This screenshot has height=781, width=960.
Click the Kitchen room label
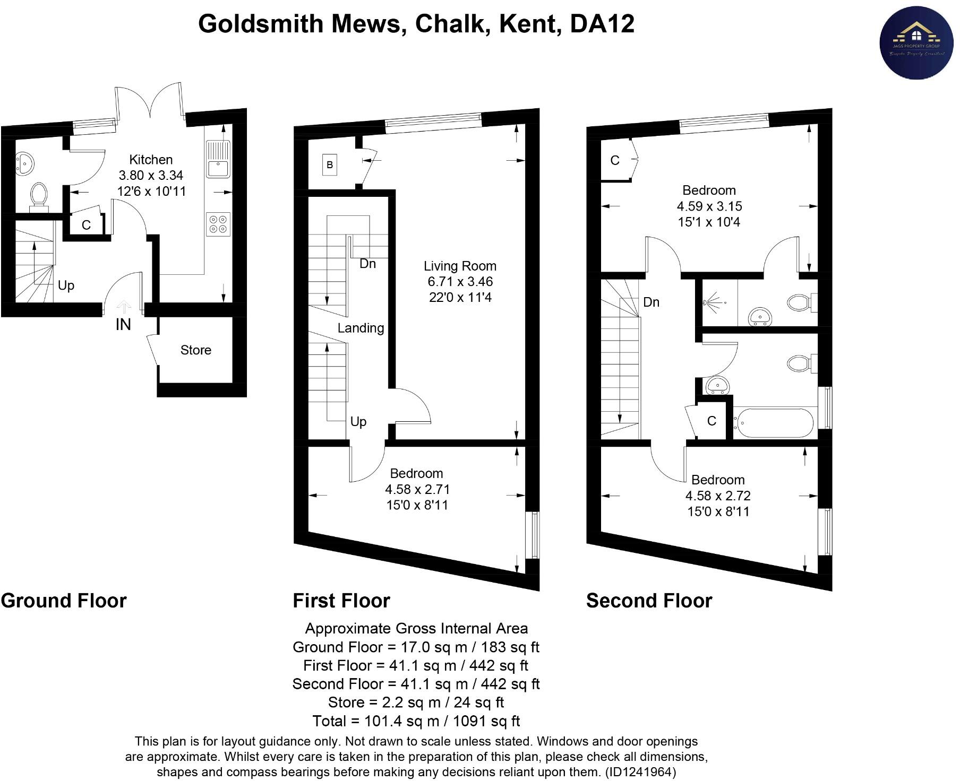(151, 160)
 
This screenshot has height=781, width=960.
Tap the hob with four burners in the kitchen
(218, 224)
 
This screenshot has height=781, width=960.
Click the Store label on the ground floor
(195, 350)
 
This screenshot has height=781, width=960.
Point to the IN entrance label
(123, 324)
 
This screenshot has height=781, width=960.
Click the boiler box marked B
(330, 165)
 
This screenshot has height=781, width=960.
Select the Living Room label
(460, 266)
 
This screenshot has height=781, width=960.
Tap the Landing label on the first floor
(361, 328)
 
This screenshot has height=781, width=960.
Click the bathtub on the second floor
(774, 423)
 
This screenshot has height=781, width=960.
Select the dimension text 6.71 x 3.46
(460, 282)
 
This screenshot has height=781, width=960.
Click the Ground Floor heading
(64, 601)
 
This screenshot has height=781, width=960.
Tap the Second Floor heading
(649, 601)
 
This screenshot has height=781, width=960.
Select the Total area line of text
(416, 721)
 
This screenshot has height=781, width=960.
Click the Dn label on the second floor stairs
(651, 302)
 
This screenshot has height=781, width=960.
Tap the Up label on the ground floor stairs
(66, 285)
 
